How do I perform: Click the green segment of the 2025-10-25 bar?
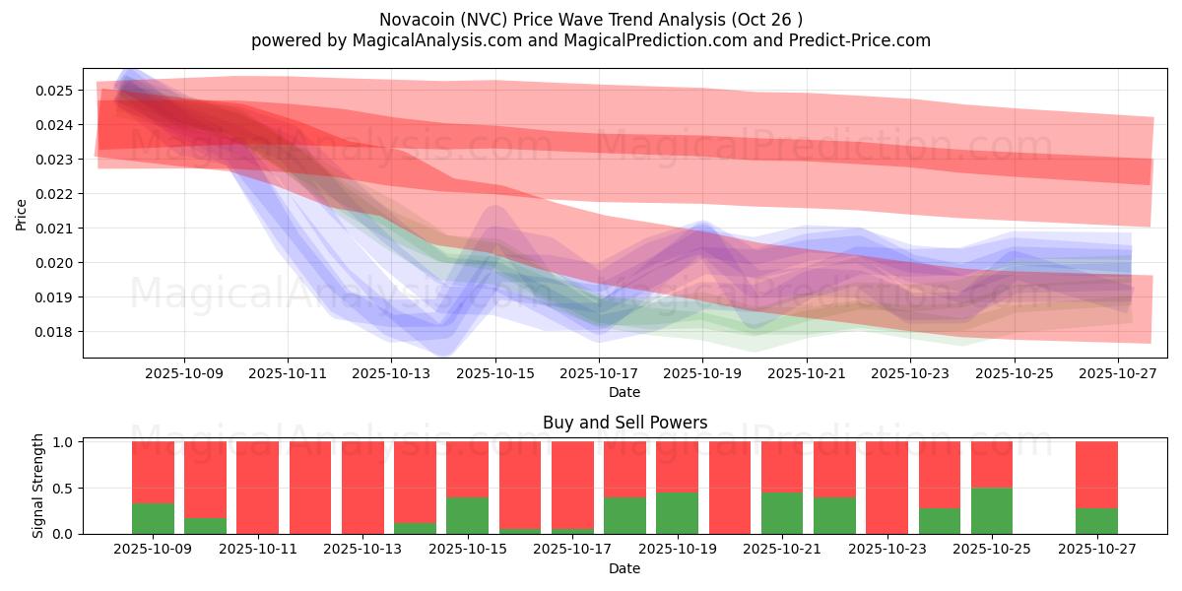pyautogui.click(x=992, y=511)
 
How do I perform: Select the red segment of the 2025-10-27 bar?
pyautogui.click(x=1096, y=475)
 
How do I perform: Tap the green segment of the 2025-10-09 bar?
pyautogui.click(x=153, y=519)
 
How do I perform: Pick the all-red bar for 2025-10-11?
pyautogui.click(x=257, y=488)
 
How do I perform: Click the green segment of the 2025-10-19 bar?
pyautogui.click(x=677, y=513)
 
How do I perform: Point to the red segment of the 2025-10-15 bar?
pyautogui.click(x=467, y=469)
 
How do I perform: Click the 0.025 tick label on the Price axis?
pyautogui.click(x=56, y=91)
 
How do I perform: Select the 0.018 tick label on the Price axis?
pyautogui.click(x=56, y=332)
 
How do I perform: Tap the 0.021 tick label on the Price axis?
pyautogui.click(x=56, y=229)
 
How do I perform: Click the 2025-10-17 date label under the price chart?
pyautogui.click(x=599, y=373)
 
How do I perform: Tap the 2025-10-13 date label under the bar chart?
pyautogui.click(x=362, y=550)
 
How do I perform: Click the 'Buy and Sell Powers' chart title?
pyautogui.click(x=624, y=423)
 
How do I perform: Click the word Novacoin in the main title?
pyautogui.click(x=413, y=20)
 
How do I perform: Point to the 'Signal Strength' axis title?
pyautogui.click(x=38, y=486)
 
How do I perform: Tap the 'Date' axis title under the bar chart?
pyautogui.click(x=624, y=568)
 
